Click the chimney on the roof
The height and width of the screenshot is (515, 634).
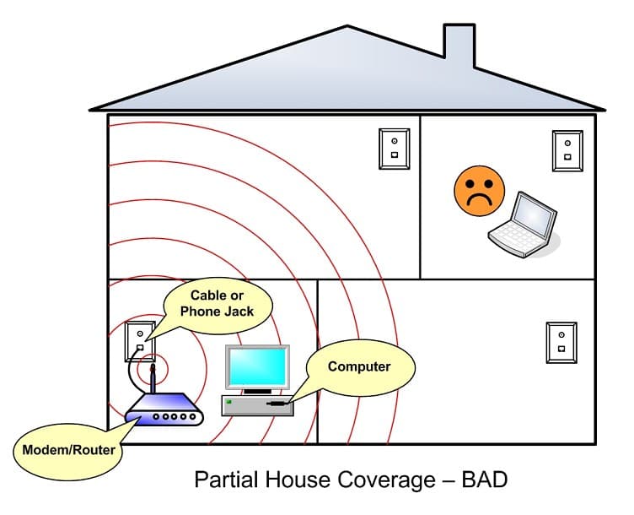[x=459, y=47]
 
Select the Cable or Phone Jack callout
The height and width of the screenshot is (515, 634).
[x=218, y=303]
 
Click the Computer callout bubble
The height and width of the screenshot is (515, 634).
[x=359, y=367]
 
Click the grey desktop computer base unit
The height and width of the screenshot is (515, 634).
[x=257, y=405]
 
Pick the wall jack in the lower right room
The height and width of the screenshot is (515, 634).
[x=561, y=341]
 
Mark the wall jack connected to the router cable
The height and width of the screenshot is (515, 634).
[x=140, y=341]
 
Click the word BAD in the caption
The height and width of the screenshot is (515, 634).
[x=485, y=480]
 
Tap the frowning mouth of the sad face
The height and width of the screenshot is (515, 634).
[x=479, y=199]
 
